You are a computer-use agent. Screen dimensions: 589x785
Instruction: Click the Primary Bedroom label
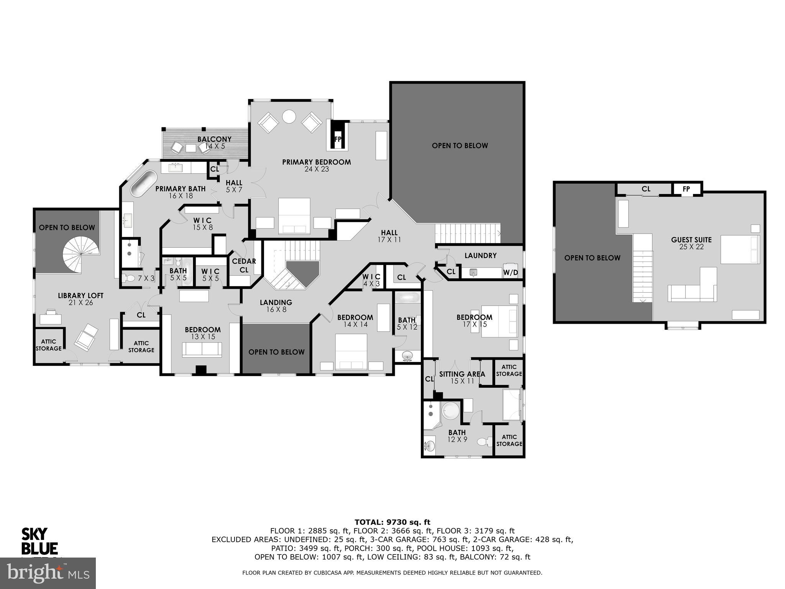[316, 165]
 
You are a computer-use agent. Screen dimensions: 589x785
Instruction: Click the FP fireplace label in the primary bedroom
[338, 139]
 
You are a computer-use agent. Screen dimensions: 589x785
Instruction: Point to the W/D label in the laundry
[510, 273]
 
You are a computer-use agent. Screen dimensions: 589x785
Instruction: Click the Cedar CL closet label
[244, 265]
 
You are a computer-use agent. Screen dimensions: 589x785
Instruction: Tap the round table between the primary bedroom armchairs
[289, 116]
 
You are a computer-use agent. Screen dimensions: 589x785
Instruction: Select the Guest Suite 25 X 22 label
[691, 243]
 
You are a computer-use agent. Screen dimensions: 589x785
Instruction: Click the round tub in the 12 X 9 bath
[450, 412]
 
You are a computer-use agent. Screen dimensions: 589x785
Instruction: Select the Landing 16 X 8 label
[276, 306]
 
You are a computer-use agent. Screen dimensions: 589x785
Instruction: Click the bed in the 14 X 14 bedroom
[351, 352]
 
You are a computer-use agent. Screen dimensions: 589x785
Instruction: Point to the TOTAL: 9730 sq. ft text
[392, 522]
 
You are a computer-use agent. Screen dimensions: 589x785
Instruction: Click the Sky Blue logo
[39, 541]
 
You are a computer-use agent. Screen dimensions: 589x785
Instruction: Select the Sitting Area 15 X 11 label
[462, 377]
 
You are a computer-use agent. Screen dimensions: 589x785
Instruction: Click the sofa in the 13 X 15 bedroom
[202, 349]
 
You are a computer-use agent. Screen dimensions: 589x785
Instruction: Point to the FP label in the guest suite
[686, 189]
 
